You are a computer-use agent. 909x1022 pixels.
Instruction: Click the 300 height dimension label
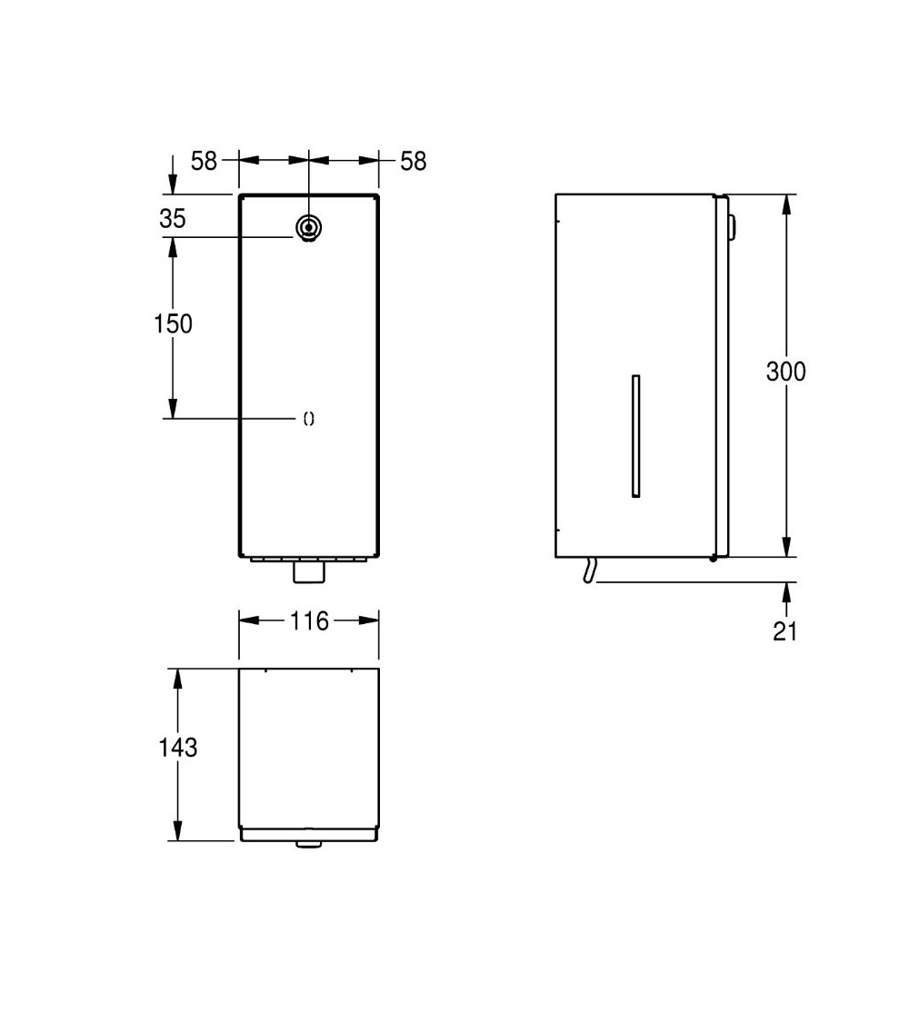click(x=785, y=372)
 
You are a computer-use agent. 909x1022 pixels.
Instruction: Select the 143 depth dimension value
click(x=177, y=748)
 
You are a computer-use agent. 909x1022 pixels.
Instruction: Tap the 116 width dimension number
click(x=309, y=621)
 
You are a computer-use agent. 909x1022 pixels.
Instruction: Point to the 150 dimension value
click(x=173, y=323)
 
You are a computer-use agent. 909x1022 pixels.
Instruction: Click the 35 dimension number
click(x=172, y=219)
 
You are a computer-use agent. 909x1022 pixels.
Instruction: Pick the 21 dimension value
click(x=785, y=631)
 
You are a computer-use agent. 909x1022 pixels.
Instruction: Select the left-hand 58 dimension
click(x=204, y=161)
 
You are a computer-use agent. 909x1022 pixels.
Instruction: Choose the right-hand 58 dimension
click(x=413, y=161)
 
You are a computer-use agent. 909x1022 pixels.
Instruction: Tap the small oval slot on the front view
click(x=308, y=419)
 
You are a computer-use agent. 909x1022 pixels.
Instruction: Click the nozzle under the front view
click(x=309, y=572)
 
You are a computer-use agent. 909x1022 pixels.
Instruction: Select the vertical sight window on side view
click(x=635, y=435)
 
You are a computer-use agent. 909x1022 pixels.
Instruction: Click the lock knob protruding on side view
click(x=731, y=228)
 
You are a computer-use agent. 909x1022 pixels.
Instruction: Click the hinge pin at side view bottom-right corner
click(x=714, y=558)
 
